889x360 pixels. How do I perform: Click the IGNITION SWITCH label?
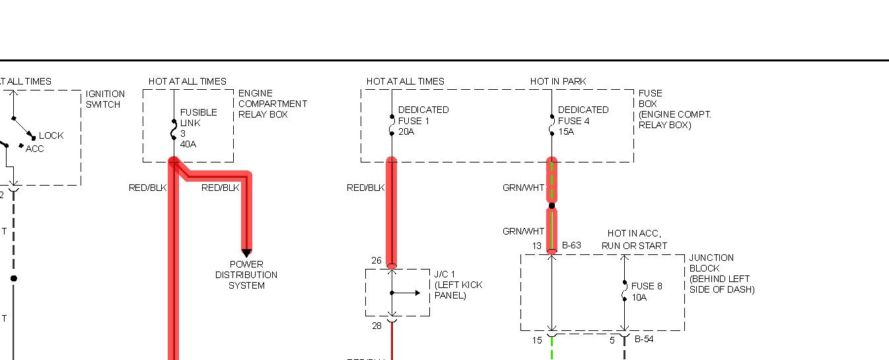point(105,99)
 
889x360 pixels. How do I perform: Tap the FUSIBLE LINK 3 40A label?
point(197,127)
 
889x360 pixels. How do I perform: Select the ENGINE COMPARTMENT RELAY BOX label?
point(272,104)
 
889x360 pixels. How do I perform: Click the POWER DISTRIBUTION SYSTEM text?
point(246,275)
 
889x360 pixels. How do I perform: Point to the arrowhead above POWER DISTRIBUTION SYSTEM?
point(246,253)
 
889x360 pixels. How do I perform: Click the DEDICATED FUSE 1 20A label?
point(423,120)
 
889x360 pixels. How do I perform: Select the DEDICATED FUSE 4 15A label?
point(583,120)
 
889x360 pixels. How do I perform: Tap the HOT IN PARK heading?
point(557,81)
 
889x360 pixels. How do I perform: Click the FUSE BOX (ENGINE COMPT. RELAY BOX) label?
point(674,109)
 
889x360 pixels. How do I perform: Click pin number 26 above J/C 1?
point(376,261)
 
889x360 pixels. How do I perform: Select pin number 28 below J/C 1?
point(376,326)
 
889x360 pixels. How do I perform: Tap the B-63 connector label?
point(571,246)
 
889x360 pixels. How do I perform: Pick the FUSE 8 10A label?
point(646,292)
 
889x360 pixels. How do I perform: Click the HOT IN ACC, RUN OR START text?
point(634,240)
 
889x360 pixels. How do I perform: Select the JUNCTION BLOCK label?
point(721,273)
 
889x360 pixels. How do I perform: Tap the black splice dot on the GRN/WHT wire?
point(551,205)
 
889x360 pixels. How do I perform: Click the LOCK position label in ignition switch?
point(52,135)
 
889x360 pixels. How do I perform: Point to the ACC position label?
point(35,149)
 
